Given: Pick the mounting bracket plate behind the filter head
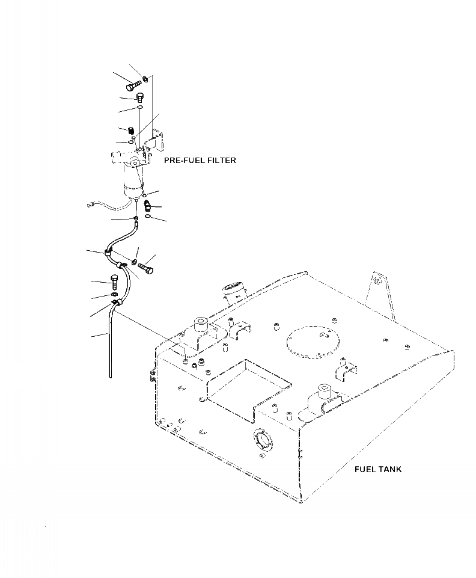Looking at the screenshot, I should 158,140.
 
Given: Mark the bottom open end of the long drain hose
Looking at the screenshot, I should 111,375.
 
